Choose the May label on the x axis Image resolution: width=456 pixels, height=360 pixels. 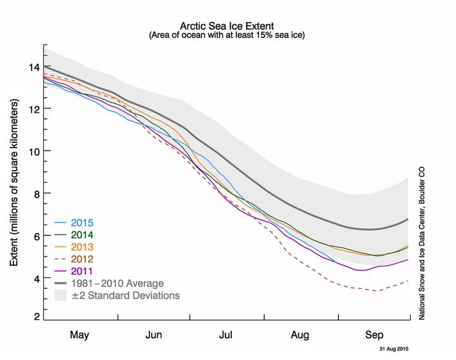pos(79,335)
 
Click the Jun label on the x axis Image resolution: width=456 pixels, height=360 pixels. pos(153,335)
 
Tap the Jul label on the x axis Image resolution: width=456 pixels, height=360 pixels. pos(226,335)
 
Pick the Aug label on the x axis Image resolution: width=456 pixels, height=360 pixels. pos(300,335)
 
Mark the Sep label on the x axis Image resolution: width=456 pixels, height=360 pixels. pos(373,335)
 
